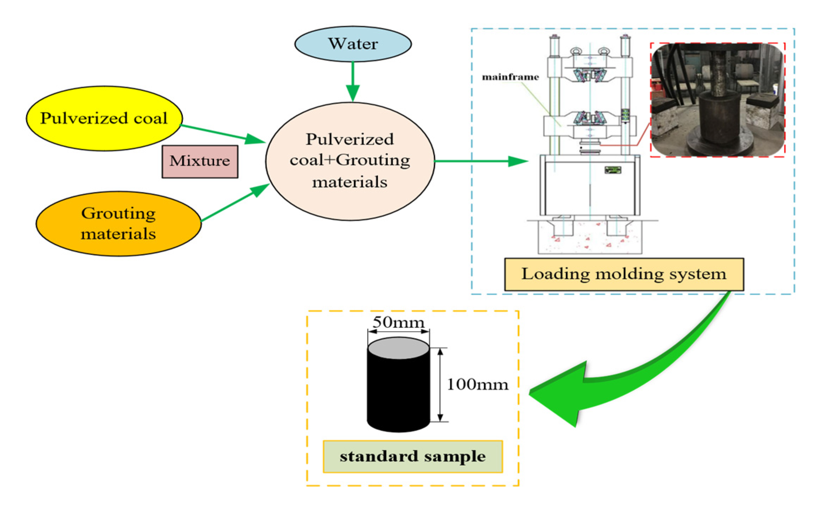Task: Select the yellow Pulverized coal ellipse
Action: coord(104,118)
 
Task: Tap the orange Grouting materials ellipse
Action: coord(118,224)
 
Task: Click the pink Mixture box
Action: coord(200,161)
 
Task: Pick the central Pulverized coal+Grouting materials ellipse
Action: coord(350,161)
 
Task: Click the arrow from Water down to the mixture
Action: coord(352,81)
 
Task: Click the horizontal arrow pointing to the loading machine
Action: coord(480,161)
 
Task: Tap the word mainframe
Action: coord(510,77)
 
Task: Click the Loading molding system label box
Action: coord(624,274)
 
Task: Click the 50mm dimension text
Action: coord(398,322)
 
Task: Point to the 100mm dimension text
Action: coord(477,384)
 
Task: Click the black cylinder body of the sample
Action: coord(398,392)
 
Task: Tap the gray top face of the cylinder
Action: coord(398,348)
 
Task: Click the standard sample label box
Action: coord(412,457)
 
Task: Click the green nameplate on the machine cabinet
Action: coord(613,170)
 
